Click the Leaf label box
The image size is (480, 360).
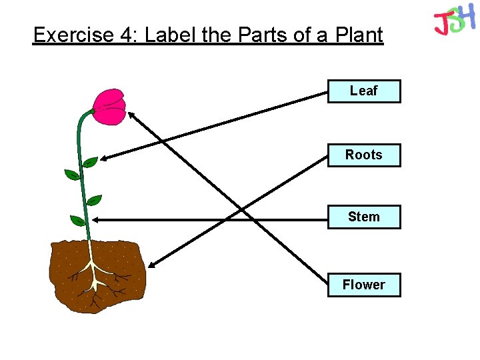pyautogui.click(x=364, y=91)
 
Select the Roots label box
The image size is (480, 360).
pyautogui.click(x=364, y=155)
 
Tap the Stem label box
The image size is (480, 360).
pyautogui.click(x=364, y=217)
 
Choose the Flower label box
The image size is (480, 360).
pyautogui.click(x=364, y=285)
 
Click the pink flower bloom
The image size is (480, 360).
pyautogui.click(x=109, y=107)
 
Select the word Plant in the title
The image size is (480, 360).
pyautogui.click(x=359, y=35)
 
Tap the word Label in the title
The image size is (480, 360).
pyautogui.click(x=170, y=35)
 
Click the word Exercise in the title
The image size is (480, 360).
pyautogui.click(x=73, y=35)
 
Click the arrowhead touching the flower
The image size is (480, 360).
pyautogui.click(x=132, y=115)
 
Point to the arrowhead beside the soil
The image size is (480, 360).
pyautogui.click(x=151, y=264)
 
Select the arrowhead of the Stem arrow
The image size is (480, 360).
pyautogui.click(x=95, y=219)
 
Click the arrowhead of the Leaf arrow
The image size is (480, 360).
pyautogui.click(x=104, y=159)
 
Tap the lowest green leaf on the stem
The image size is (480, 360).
pyautogui.click(x=77, y=220)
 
